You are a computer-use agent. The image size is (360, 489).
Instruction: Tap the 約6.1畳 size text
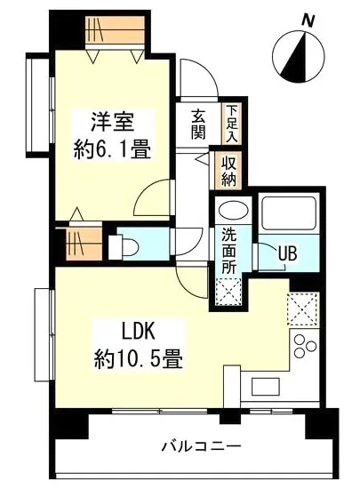(109, 148)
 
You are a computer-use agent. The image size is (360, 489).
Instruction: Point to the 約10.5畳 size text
(138, 359)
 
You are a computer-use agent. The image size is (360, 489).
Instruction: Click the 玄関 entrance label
(198, 125)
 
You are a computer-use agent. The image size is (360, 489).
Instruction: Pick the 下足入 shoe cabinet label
(231, 124)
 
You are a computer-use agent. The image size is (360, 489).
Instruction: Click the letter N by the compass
(308, 20)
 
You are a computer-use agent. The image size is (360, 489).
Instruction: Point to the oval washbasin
(230, 212)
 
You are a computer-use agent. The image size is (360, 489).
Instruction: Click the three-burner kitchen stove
(306, 348)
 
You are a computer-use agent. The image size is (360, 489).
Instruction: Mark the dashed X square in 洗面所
(228, 290)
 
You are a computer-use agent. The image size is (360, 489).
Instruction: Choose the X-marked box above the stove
(304, 309)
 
